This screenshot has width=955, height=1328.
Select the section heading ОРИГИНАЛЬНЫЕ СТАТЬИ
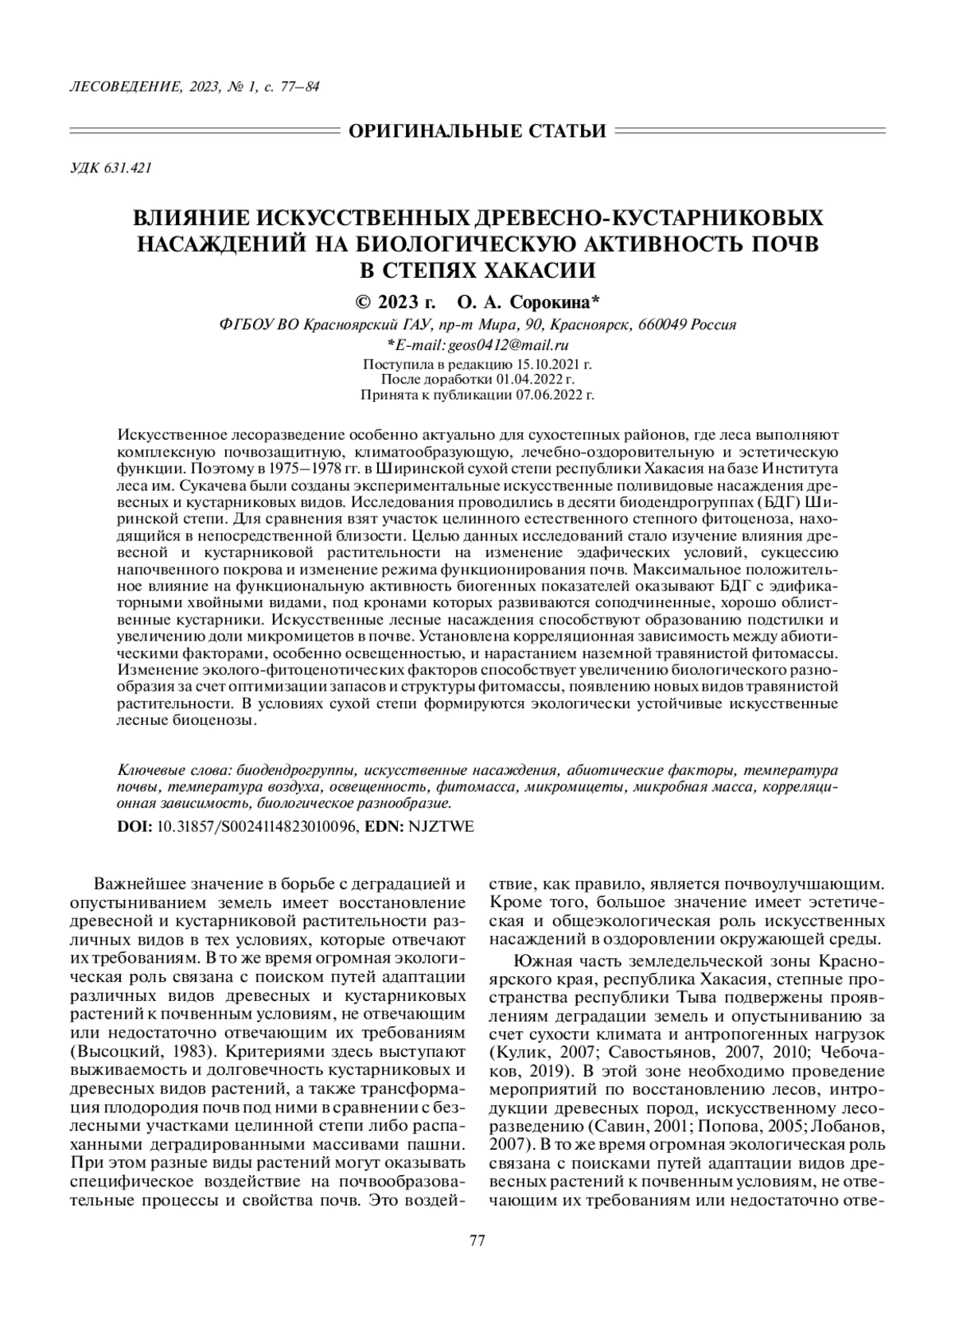[x=477, y=130]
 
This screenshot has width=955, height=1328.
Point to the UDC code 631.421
[x=128, y=169]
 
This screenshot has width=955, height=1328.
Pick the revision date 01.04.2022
[x=538, y=379]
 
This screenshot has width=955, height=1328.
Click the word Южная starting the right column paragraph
[x=539, y=960]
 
